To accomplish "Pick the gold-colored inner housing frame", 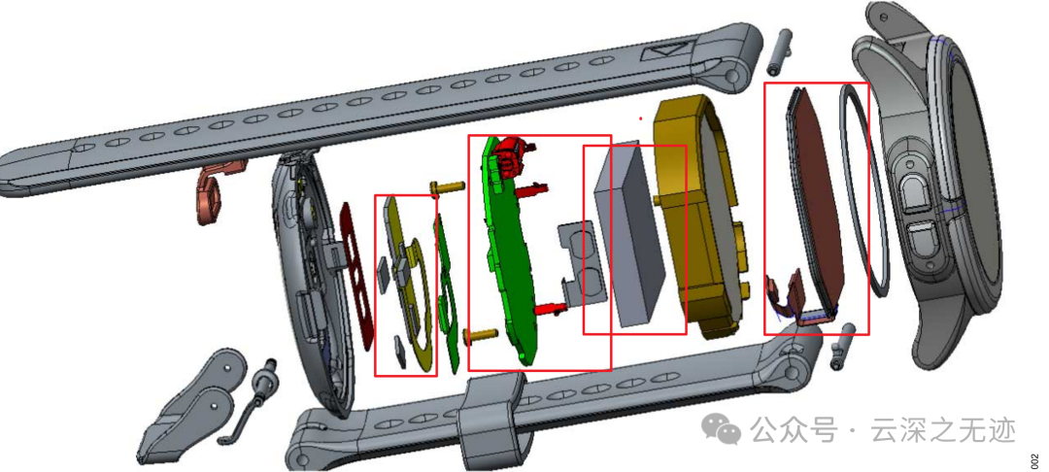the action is [x=699, y=214].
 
